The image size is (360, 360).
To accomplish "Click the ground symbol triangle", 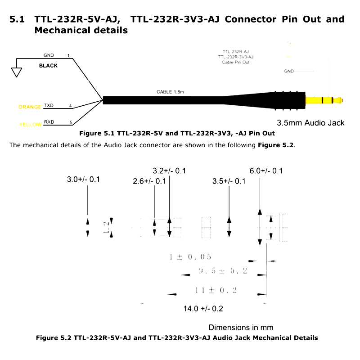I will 17,71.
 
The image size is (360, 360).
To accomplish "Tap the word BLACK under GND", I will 48,65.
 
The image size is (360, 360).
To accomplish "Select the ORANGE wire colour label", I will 30,107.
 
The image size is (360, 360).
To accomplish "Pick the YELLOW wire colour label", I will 31,125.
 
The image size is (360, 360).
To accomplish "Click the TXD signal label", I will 49,106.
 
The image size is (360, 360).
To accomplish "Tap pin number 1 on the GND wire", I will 68,56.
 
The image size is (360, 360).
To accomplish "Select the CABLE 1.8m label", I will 171,92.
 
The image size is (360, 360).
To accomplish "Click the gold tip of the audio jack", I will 324,100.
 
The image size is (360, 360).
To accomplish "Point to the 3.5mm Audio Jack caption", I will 310,123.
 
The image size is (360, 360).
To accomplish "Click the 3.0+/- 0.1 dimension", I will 83,180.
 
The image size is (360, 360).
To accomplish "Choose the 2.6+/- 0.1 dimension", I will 150,181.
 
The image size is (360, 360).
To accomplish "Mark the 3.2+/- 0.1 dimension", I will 169,171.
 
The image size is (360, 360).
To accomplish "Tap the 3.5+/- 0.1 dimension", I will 229,181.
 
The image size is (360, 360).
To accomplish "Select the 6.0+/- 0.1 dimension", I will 266,171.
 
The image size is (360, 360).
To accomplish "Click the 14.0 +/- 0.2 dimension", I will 203,309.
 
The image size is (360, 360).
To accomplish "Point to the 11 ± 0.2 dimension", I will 216,290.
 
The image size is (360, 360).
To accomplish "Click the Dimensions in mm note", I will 241,327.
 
